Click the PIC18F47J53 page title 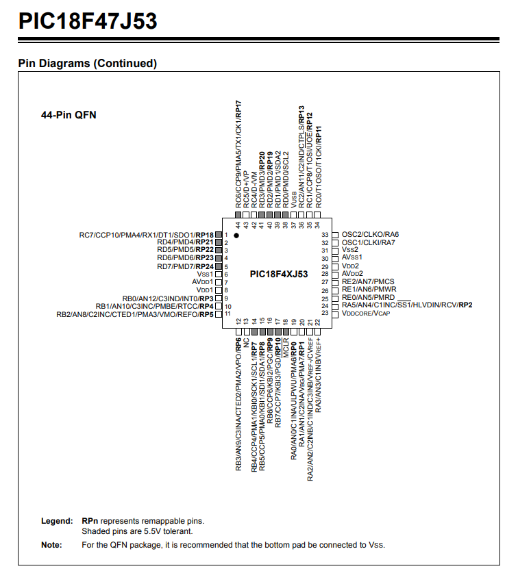point(88,21)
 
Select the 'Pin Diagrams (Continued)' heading point(88,64)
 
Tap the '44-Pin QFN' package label point(69,115)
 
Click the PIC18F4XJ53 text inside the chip point(279,274)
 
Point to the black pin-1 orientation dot point(236,235)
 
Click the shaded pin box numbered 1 point(219,235)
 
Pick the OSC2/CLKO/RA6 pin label point(370,235)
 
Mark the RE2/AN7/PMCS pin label point(368,281)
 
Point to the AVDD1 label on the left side point(203,281)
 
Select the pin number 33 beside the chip point(325,235)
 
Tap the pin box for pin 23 point(335,313)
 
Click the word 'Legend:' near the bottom point(57,521)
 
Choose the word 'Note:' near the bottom point(51,545)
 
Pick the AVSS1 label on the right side point(352,258)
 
